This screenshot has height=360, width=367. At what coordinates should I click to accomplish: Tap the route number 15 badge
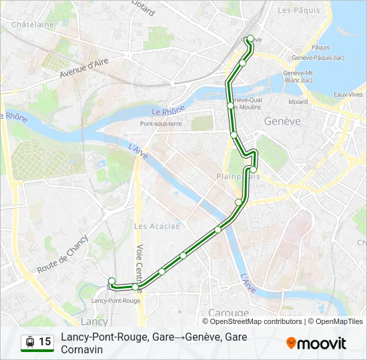tap(45, 342)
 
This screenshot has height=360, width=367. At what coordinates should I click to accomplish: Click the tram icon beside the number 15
tap(30, 342)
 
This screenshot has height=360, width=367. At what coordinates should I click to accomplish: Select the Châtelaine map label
tap(33, 25)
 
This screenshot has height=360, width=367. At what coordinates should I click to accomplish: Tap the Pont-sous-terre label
tap(160, 124)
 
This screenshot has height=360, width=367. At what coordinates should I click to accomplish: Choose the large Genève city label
tap(282, 121)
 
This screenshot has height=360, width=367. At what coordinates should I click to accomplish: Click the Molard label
tap(298, 102)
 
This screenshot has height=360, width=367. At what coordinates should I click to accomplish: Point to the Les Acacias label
tap(157, 226)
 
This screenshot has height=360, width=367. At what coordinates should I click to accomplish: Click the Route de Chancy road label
tap(63, 255)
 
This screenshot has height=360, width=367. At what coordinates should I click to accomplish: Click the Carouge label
tap(228, 313)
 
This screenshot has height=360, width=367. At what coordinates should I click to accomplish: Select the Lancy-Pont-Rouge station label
tap(115, 301)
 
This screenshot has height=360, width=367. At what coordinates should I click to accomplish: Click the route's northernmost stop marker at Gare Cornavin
tap(250, 39)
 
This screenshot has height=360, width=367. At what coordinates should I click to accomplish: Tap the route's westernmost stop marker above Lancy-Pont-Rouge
tap(111, 281)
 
